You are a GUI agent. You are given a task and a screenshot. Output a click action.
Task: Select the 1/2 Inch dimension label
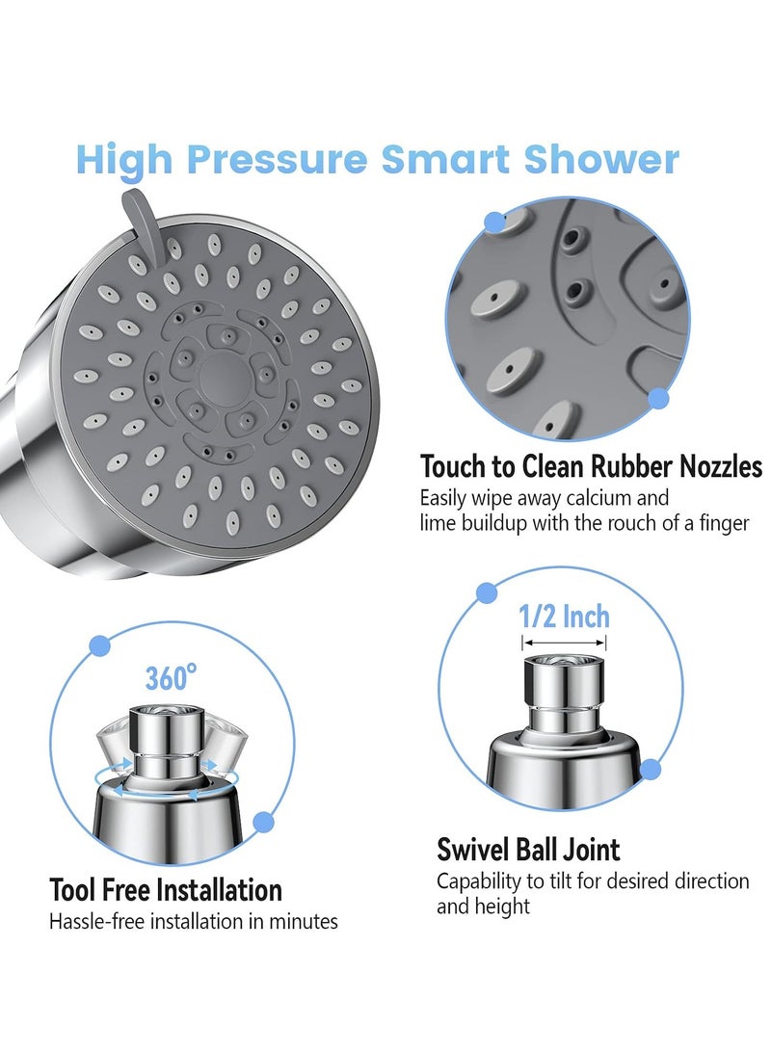click(x=564, y=616)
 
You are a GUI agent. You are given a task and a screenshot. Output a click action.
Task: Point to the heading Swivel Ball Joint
click(x=528, y=850)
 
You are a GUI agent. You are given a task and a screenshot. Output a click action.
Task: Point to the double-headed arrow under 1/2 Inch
click(x=564, y=643)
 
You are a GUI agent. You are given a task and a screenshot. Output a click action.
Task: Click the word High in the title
click(x=122, y=159)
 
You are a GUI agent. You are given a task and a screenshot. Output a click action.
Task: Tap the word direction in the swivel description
click(x=709, y=880)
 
